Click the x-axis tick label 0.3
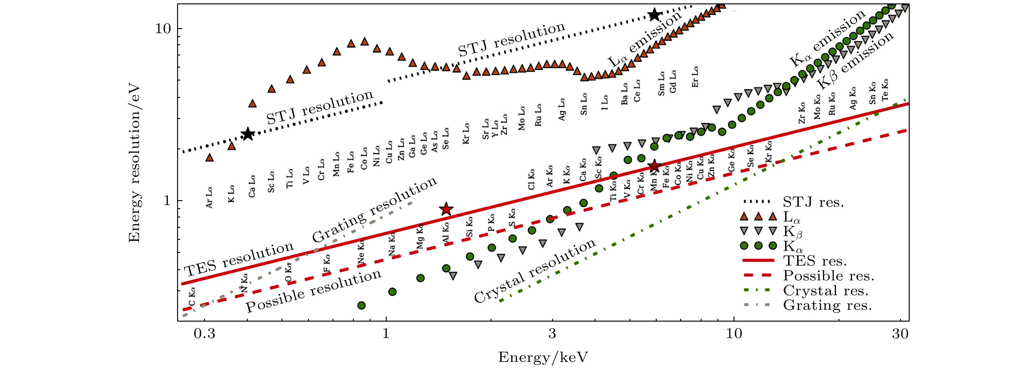point(204,334)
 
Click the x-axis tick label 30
point(900,334)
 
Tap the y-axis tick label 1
point(167,200)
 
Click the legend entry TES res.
point(815,261)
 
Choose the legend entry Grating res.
point(827,305)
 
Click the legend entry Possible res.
point(829,276)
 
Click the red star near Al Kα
point(446,209)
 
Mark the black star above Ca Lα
point(248,134)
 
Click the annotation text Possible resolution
point(313,291)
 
